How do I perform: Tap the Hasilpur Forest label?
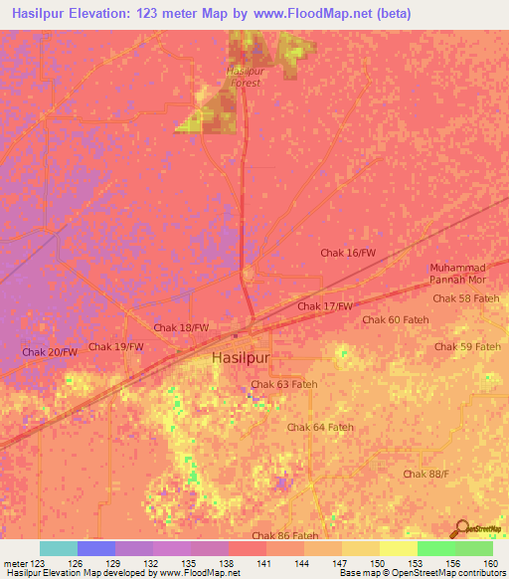tap(244, 77)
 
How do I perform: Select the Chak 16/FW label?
tap(348, 254)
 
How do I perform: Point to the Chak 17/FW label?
tap(325, 306)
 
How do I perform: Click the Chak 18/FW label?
tap(181, 327)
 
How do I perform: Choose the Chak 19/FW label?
tap(116, 346)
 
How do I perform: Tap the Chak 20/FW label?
tap(49, 352)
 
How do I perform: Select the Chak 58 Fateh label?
tap(466, 298)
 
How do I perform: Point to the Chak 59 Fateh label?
tap(467, 346)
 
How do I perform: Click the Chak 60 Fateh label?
tap(394, 319)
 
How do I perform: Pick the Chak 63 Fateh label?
tap(283, 384)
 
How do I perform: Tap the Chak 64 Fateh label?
tap(320, 427)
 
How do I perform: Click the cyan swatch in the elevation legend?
tap(59, 548)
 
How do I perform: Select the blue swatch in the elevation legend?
tap(96, 548)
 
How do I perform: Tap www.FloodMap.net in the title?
tap(306, 14)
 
